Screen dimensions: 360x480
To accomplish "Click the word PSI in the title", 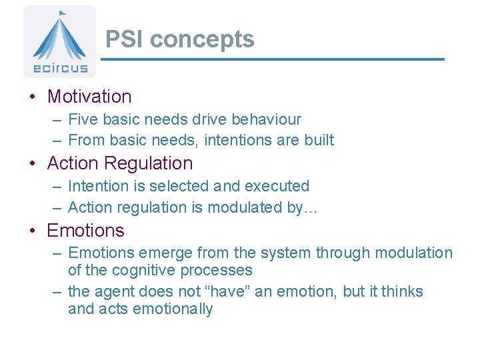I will tap(125, 39).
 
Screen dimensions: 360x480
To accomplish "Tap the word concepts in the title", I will tap(202, 39).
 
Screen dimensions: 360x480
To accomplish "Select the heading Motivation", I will tap(89, 97).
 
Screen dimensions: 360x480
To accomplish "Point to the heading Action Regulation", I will tap(120, 163).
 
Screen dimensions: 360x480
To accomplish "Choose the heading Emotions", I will tap(85, 231).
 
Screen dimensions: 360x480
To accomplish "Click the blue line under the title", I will tap(272, 59).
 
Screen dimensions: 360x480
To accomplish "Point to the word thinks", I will tap(402, 292).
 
